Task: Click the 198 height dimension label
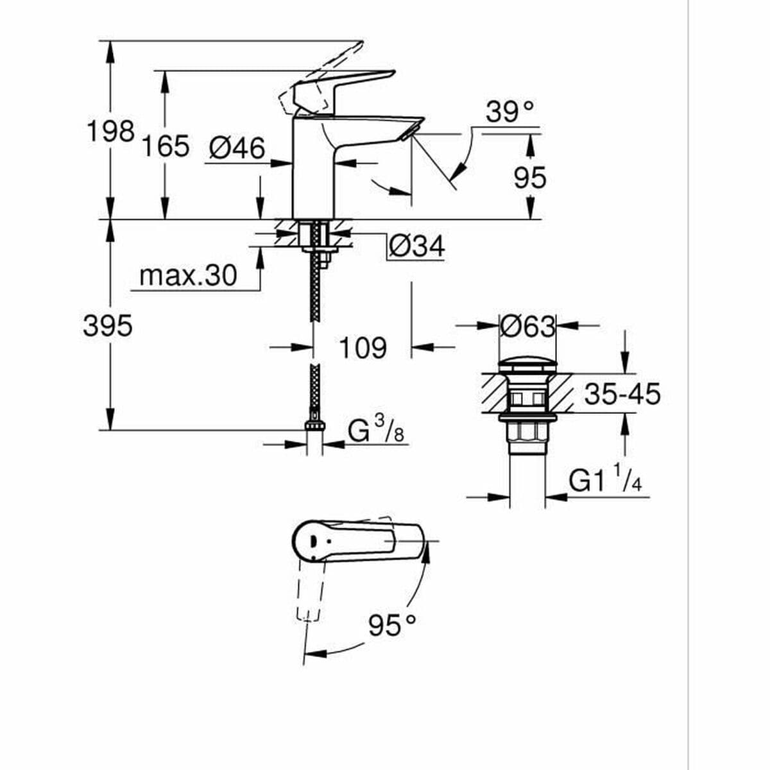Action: pyautogui.click(x=110, y=132)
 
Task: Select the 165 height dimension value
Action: pyautogui.click(x=166, y=146)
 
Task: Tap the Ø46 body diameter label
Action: pyautogui.click(x=237, y=149)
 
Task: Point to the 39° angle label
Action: pyautogui.click(x=510, y=112)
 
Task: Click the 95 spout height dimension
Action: pyautogui.click(x=530, y=178)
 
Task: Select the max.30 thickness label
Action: pyautogui.click(x=188, y=276)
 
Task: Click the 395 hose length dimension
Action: pyautogui.click(x=108, y=327)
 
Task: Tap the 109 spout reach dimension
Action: pyautogui.click(x=363, y=348)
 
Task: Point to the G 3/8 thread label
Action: pyautogui.click(x=376, y=432)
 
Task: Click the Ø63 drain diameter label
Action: pyautogui.click(x=527, y=327)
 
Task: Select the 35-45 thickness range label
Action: pyautogui.click(x=622, y=394)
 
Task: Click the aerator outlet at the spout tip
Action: pyautogui.click(x=409, y=133)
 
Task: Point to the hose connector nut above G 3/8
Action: pyautogui.click(x=314, y=425)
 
